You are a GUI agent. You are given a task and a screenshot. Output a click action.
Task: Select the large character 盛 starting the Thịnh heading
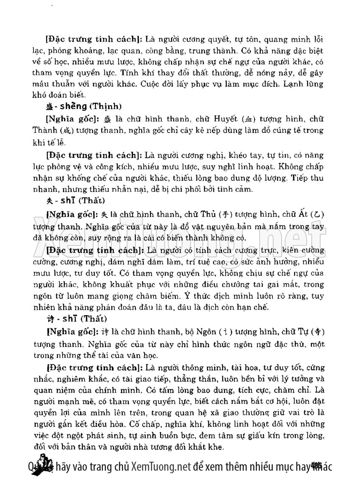[49, 106]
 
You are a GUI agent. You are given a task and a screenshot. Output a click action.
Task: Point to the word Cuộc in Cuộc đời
[190, 83]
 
